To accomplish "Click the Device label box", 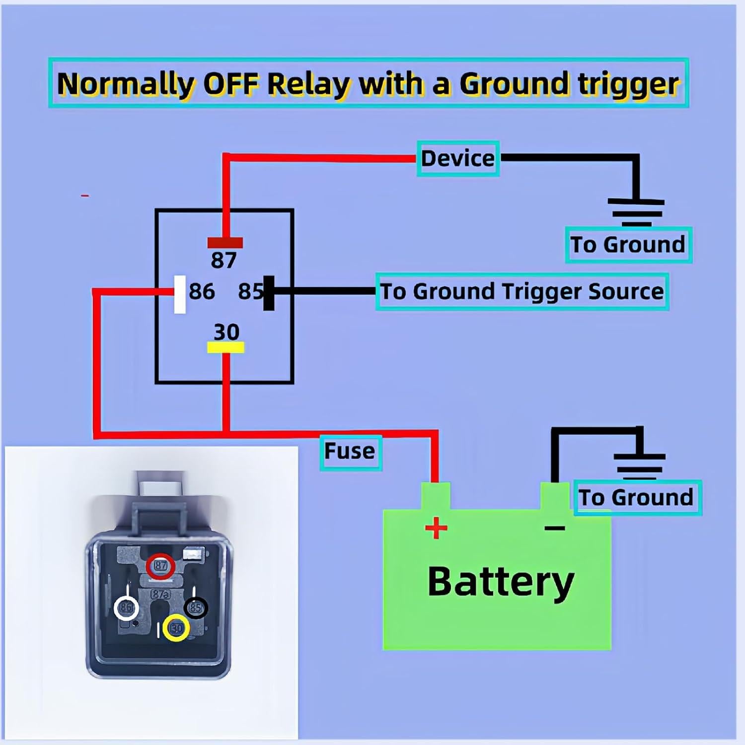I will (x=457, y=159).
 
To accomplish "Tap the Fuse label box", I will (x=350, y=451).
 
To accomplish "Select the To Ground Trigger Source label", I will (x=521, y=292).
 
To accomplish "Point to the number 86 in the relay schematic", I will (x=202, y=292).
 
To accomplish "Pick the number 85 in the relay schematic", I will (x=250, y=292).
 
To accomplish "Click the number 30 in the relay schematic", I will (x=226, y=332).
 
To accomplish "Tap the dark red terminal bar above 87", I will (x=225, y=243).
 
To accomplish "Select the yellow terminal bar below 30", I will (x=225, y=347).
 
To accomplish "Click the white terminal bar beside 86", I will (x=180, y=294).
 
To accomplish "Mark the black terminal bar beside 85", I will (x=269, y=293).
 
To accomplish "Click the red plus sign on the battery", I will (x=436, y=528).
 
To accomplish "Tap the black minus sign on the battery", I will (x=555, y=528).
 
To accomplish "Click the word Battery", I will (x=501, y=582).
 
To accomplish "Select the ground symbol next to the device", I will (x=636, y=213).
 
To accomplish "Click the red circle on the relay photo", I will (x=160, y=566).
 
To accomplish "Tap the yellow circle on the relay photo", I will (x=176, y=628).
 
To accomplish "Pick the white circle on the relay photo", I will (x=126, y=607).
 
